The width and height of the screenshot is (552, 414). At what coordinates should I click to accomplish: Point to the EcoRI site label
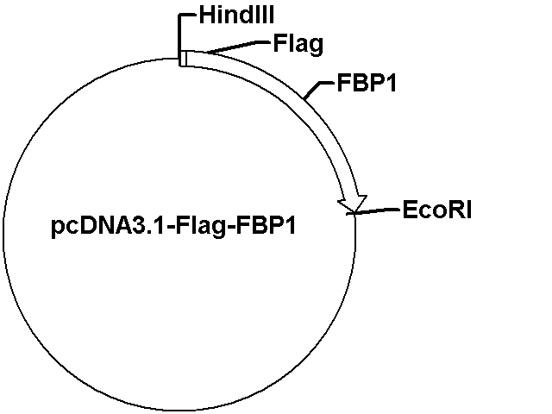pos(436,209)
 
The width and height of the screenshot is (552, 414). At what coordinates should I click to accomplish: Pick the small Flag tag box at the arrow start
pos(183,58)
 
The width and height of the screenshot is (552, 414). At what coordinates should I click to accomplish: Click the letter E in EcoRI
pos(410,209)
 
